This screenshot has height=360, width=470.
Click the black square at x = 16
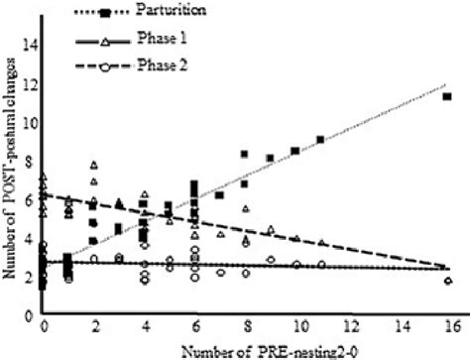(x=448, y=96)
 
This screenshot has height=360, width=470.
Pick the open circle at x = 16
(x=448, y=281)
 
